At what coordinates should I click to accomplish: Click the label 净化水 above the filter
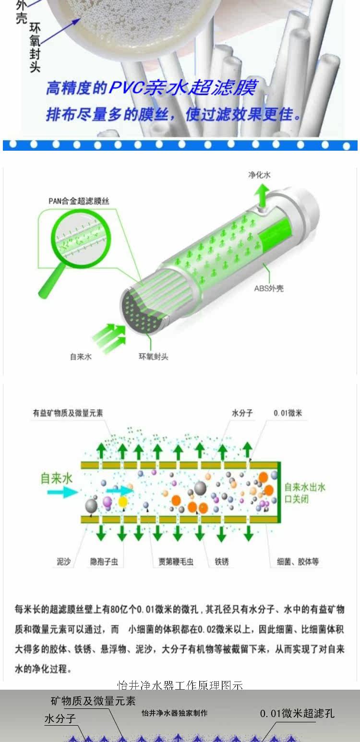259,175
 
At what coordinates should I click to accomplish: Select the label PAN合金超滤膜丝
79,201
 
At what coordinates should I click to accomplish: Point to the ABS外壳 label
269,289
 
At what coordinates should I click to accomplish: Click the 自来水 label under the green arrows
81,357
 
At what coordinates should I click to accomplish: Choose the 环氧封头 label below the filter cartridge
154,357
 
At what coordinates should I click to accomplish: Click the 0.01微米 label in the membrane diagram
288,413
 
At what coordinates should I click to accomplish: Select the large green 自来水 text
56,478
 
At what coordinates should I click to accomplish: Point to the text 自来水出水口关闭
304,493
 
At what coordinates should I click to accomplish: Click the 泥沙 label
64,562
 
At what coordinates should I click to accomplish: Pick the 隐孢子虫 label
104,562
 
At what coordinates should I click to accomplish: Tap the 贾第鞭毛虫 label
176,562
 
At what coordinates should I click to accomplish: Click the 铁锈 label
222,562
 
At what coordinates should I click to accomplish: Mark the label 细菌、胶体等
298,562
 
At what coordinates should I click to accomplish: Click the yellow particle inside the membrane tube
123,502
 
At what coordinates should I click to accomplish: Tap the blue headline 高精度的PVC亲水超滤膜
152,88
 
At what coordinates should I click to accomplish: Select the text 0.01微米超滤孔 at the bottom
297,714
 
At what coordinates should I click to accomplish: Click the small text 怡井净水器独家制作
175,713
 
